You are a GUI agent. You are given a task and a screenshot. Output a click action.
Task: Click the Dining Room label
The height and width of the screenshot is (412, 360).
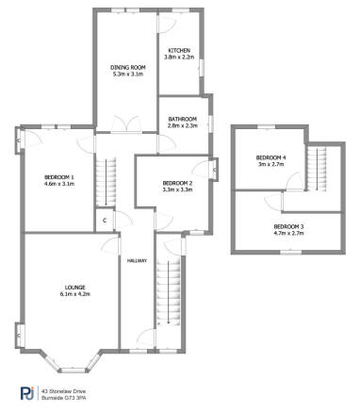point(127,67)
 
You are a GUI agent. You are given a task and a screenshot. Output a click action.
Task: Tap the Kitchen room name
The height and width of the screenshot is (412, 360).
point(179,50)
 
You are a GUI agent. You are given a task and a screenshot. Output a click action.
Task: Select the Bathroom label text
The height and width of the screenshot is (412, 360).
point(182,118)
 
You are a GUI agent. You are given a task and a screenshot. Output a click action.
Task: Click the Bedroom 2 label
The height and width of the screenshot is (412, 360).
point(177,182)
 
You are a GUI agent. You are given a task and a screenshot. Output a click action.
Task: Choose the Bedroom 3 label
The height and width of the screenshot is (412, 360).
point(289,226)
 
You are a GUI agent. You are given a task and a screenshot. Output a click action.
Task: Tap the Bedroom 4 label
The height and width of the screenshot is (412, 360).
point(271,157)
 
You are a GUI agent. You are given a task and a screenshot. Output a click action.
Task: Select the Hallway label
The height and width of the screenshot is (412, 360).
point(137,260)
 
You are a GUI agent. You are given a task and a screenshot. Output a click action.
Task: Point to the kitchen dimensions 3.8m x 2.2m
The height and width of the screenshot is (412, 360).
point(179,58)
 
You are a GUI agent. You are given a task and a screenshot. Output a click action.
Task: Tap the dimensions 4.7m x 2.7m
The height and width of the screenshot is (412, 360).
point(289,233)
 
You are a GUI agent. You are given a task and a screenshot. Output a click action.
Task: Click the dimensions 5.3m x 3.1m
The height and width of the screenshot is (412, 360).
point(127,74)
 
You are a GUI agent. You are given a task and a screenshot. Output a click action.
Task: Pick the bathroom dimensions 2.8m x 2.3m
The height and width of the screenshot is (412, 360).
point(182,124)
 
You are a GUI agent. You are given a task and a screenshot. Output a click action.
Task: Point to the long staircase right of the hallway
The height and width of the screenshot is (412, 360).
point(172,297)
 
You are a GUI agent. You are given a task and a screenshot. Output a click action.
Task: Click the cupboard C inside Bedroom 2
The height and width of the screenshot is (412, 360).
point(216,170)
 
